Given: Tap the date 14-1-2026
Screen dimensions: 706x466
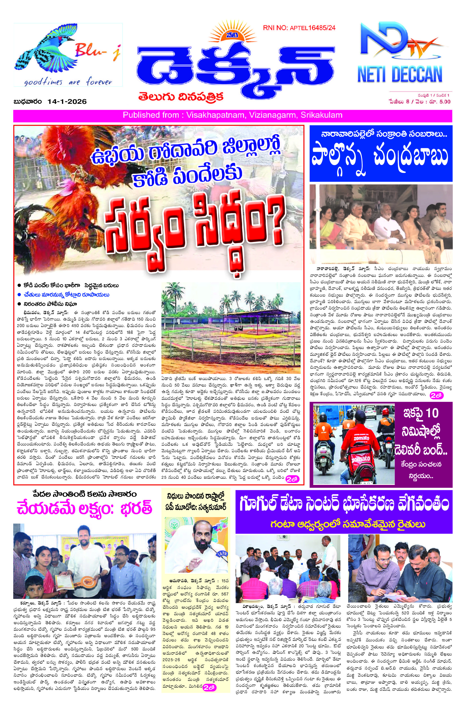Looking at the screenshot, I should [x=66, y=102].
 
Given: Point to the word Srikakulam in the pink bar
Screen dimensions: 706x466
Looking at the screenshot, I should [x=321, y=115].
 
